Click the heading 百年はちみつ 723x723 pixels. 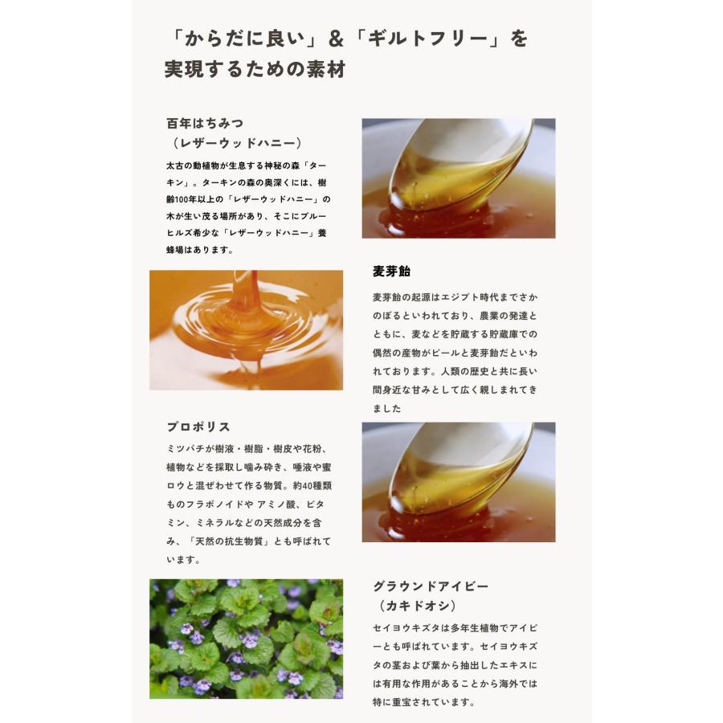coord(205,123)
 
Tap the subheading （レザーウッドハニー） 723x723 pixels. coord(238,143)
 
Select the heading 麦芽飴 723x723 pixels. coord(392,271)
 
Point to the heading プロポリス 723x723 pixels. coord(198,427)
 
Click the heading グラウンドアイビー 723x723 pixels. coord(431,586)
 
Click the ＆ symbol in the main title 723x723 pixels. coord(337,39)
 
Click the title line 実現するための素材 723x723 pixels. coord(255,70)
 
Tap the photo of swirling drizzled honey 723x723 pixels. coord(246,329)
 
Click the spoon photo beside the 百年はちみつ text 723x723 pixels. coord(458,178)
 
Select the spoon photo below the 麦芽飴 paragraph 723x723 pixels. coord(458,482)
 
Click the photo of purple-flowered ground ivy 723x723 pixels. coord(246,639)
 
